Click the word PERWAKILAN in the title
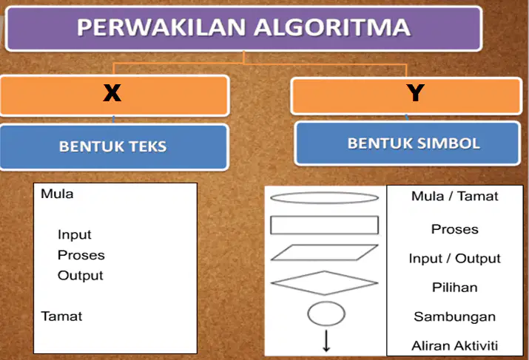tap(161, 27)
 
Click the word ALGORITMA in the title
tap(332, 27)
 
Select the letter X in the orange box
tap(112, 92)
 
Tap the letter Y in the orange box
tap(415, 92)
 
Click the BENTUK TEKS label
tap(112, 146)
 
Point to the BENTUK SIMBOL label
tap(414, 143)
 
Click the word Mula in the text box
tap(57, 194)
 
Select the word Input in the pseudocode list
tap(74, 234)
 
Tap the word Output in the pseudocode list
tap(81, 276)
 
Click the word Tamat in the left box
tap(61, 316)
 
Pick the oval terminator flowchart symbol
tap(325, 192)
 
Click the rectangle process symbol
tap(325, 217)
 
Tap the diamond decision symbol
tap(325, 272)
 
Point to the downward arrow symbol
tap(326, 341)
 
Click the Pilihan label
tap(455, 288)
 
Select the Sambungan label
tap(455, 317)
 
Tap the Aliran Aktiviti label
tap(455, 345)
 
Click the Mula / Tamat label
tap(455, 196)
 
